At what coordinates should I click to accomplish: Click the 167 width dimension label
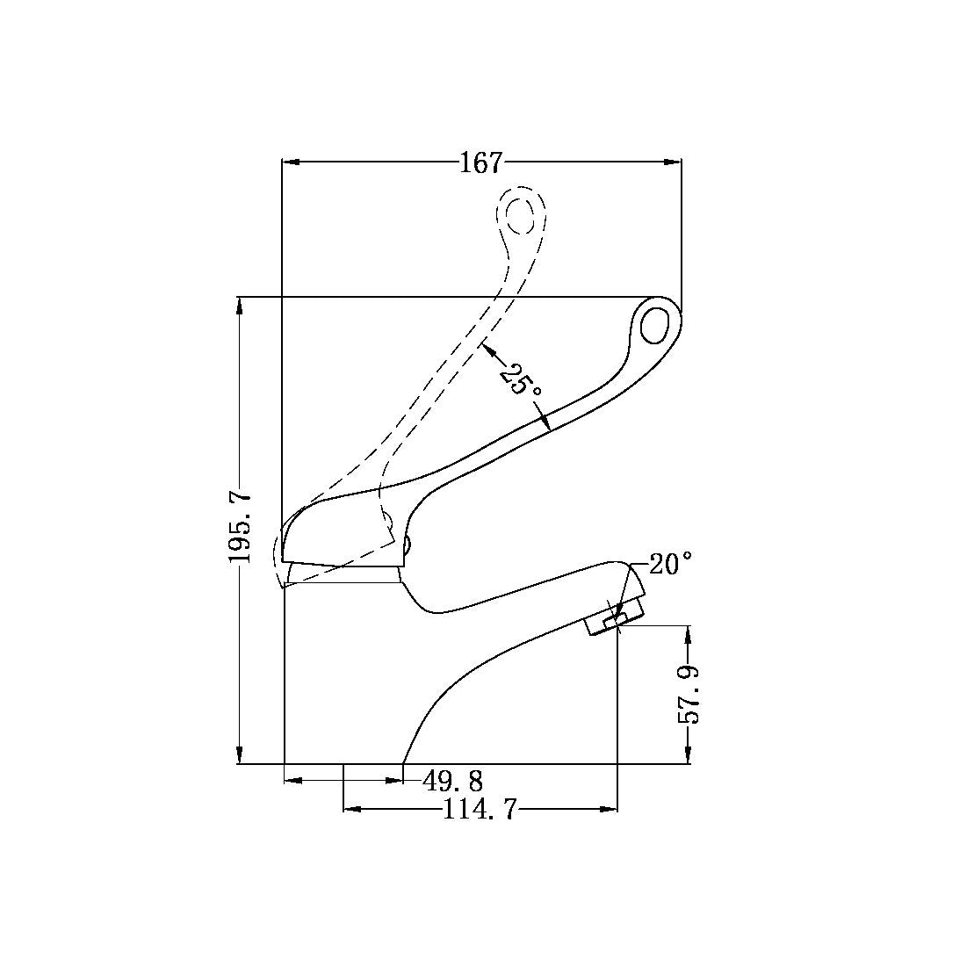pyautogui.click(x=480, y=162)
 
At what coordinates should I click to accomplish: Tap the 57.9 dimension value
pyautogui.click(x=689, y=695)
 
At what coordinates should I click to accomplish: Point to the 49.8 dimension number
pyautogui.click(x=453, y=780)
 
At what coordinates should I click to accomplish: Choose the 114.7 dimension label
pyautogui.click(x=480, y=810)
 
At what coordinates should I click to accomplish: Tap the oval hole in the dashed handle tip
pyautogui.click(x=520, y=215)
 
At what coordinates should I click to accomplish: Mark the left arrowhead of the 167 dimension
pyautogui.click(x=292, y=162)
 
